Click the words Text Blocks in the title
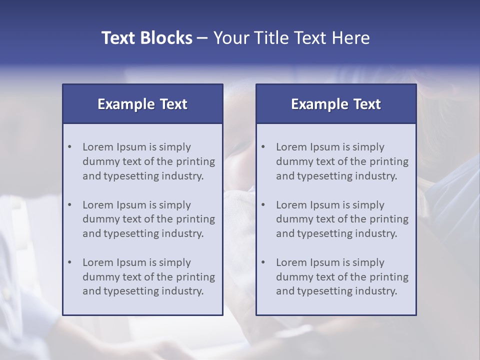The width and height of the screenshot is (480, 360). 146,38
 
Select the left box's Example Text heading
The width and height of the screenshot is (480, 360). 142,104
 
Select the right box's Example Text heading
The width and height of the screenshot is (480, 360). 336,104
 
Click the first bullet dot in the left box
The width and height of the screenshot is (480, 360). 70,147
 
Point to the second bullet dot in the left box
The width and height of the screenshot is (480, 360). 70,205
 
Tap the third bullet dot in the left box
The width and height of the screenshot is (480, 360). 70,262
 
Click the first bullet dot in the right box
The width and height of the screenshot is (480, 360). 263,147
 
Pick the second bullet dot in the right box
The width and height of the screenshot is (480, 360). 263,205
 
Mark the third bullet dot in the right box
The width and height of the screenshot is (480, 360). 263,262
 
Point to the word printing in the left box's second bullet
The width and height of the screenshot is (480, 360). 196,219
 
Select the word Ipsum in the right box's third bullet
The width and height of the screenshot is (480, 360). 326,262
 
